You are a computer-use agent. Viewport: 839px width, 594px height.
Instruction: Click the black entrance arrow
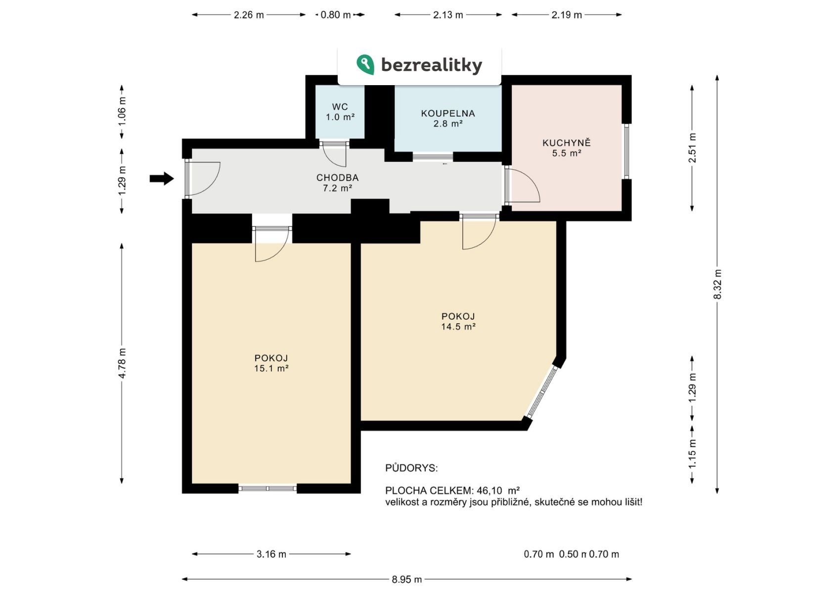point(162,179)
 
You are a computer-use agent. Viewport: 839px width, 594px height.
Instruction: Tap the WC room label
point(340,107)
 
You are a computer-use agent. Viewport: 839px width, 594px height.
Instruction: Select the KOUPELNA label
point(448,113)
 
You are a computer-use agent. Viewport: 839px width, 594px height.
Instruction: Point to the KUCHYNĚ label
point(567,143)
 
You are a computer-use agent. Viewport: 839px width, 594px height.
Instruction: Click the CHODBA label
point(338,177)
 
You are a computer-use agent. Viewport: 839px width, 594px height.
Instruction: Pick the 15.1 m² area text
point(271,368)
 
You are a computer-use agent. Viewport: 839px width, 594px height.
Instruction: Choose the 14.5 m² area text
point(458,326)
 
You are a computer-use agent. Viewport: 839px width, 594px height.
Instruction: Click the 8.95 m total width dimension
point(407,579)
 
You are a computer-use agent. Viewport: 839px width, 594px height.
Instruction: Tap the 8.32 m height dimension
point(717,284)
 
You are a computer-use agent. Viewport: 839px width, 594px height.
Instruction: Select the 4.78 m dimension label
point(122,363)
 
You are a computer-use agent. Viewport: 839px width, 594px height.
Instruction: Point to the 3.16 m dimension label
point(271,554)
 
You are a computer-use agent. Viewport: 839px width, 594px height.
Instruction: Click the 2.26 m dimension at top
point(249,15)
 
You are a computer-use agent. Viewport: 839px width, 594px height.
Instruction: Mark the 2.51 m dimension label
point(692,148)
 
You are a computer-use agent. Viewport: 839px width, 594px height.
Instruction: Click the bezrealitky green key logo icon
point(365,64)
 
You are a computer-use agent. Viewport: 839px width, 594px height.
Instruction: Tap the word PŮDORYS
point(411,468)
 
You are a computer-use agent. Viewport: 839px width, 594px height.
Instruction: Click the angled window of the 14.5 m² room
point(542,392)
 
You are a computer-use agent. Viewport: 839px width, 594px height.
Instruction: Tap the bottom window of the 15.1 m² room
point(267,488)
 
